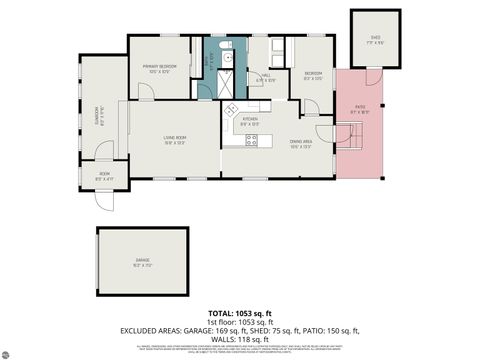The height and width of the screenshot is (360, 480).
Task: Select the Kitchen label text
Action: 250,121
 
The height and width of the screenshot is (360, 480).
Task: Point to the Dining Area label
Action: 299,143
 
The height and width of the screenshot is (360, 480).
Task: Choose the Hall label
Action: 267,76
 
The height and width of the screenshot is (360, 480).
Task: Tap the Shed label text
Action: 374,40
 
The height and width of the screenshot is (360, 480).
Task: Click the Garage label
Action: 143,262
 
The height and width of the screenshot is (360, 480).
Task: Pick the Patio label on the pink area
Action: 359,109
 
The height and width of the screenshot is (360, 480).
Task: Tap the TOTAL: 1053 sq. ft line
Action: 240,313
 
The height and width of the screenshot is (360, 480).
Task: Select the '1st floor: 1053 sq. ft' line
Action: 240,321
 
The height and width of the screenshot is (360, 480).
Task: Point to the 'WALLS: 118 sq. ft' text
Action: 240,337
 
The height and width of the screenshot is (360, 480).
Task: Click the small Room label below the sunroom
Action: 104,178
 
